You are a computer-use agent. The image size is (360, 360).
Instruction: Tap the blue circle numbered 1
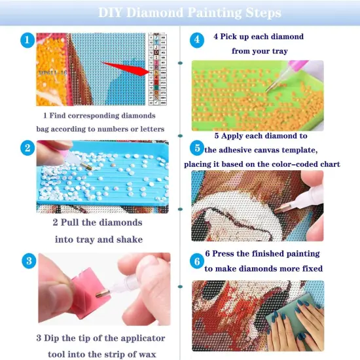click(x=26, y=41)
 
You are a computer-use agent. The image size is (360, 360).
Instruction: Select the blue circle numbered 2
click(x=26, y=147)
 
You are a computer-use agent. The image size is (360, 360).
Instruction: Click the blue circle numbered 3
click(x=26, y=261)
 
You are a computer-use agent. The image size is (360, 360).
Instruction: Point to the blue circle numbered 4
click(x=196, y=39)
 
